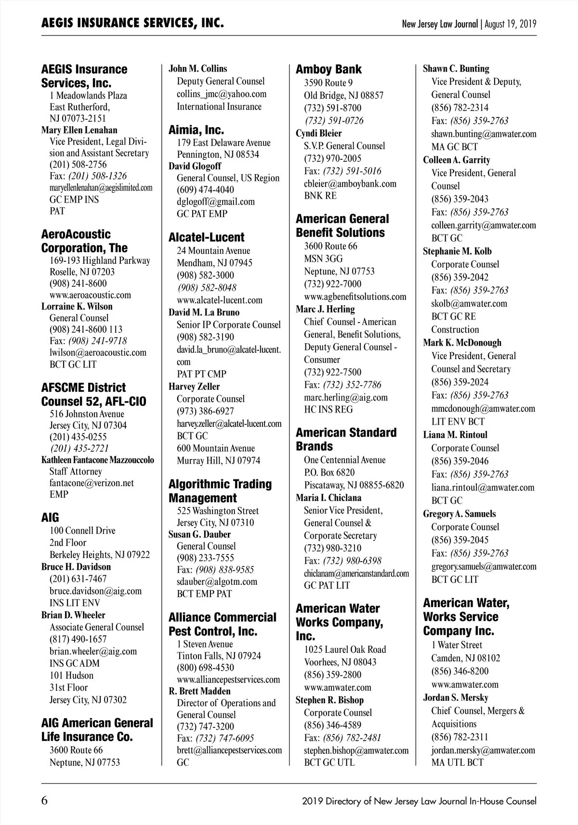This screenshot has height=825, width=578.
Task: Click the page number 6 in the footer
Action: [x=45, y=801]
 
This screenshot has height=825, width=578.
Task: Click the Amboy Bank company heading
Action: [x=328, y=69]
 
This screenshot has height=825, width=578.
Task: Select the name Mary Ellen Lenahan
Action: [x=79, y=130]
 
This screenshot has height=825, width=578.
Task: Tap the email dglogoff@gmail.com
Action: [x=215, y=202]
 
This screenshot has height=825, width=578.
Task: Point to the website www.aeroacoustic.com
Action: [x=90, y=295]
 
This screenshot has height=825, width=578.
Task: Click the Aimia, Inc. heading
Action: [x=196, y=129]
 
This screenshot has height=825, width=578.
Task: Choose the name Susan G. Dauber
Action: [x=199, y=534]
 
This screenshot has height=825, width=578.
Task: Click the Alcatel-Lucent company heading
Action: [x=206, y=237]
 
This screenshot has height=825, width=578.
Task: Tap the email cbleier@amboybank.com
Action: [x=350, y=183]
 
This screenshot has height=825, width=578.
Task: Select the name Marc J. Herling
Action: [x=325, y=309]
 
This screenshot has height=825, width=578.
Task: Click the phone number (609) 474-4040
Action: [x=205, y=190]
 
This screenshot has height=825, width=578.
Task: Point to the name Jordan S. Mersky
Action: [x=455, y=697]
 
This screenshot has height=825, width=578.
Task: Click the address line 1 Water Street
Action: [x=457, y=645]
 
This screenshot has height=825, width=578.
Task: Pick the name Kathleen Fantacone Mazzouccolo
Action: [x=98, y=460]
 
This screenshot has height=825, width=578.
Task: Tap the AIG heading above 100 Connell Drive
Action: [x=50, y=517]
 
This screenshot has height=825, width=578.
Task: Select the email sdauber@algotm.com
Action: [x=217, y=581]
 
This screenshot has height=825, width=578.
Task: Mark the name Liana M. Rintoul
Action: [x=455, y=435]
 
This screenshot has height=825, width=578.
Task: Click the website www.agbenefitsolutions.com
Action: [x=355, y=296]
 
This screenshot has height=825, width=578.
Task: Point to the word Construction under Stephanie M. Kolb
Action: [x=455, y=330]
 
